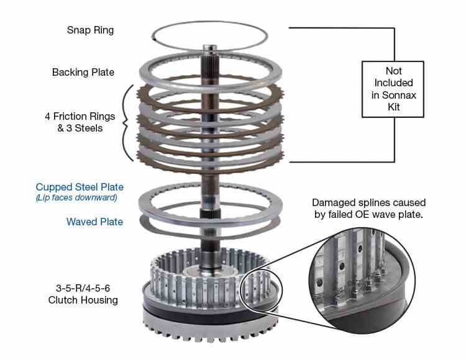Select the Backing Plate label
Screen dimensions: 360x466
[83, 73]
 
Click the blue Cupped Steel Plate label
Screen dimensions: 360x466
[80, 187]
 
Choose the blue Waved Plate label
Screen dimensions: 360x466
[95, 222]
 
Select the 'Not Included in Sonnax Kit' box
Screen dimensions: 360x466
[393, 88]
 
